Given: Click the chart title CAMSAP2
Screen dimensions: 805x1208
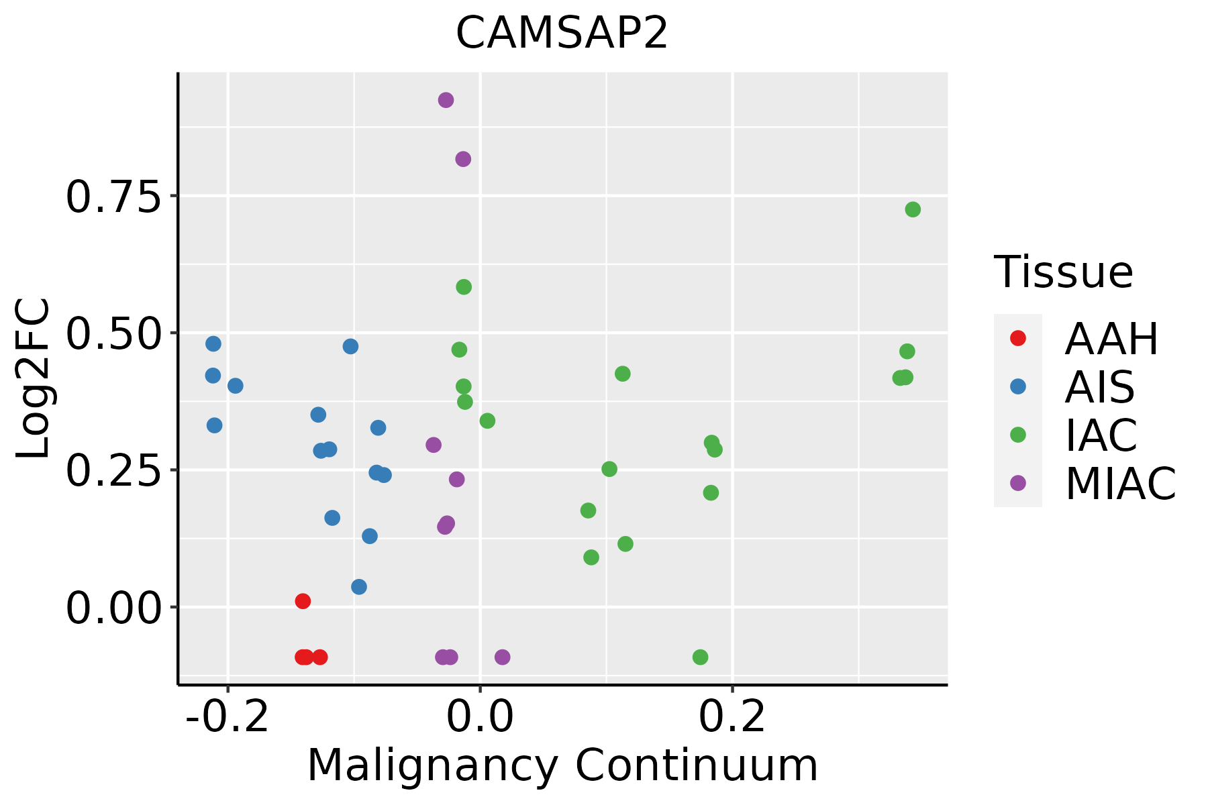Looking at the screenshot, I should point(562,33).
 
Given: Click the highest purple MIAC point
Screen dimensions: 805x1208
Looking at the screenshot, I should point(446,100).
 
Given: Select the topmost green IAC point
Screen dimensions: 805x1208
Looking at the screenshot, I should point(913,209).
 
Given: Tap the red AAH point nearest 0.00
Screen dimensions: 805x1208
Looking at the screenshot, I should point(303,601).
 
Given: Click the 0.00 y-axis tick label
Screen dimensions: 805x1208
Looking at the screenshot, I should point(113,609).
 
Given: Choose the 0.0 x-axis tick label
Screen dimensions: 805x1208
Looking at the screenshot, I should point(480,716).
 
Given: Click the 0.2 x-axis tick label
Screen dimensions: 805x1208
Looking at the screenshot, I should point(732,716).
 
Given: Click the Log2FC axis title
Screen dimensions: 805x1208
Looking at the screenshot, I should point(34,379).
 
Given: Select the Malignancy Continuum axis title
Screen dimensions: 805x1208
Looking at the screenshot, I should point(562,765).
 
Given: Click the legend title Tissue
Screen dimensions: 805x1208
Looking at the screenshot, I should point(1064,272).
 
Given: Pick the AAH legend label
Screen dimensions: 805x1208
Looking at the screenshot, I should point(1111,339).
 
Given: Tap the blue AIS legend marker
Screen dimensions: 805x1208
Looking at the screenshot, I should point(1018,386).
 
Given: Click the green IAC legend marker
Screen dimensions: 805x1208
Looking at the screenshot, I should point(1018,435).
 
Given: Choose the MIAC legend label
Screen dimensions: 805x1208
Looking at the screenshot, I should point(1121,483).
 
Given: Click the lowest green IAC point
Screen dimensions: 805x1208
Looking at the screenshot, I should point(700,657).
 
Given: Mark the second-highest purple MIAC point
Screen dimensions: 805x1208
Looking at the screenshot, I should point(463,159).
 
